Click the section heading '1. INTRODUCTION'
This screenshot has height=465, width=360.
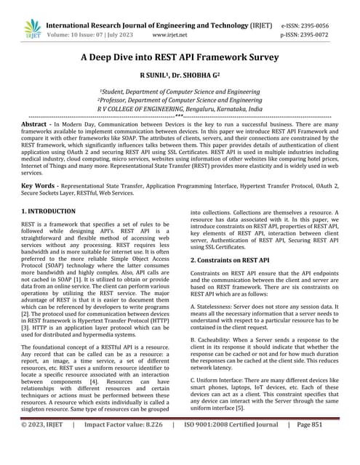pos(48,211)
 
